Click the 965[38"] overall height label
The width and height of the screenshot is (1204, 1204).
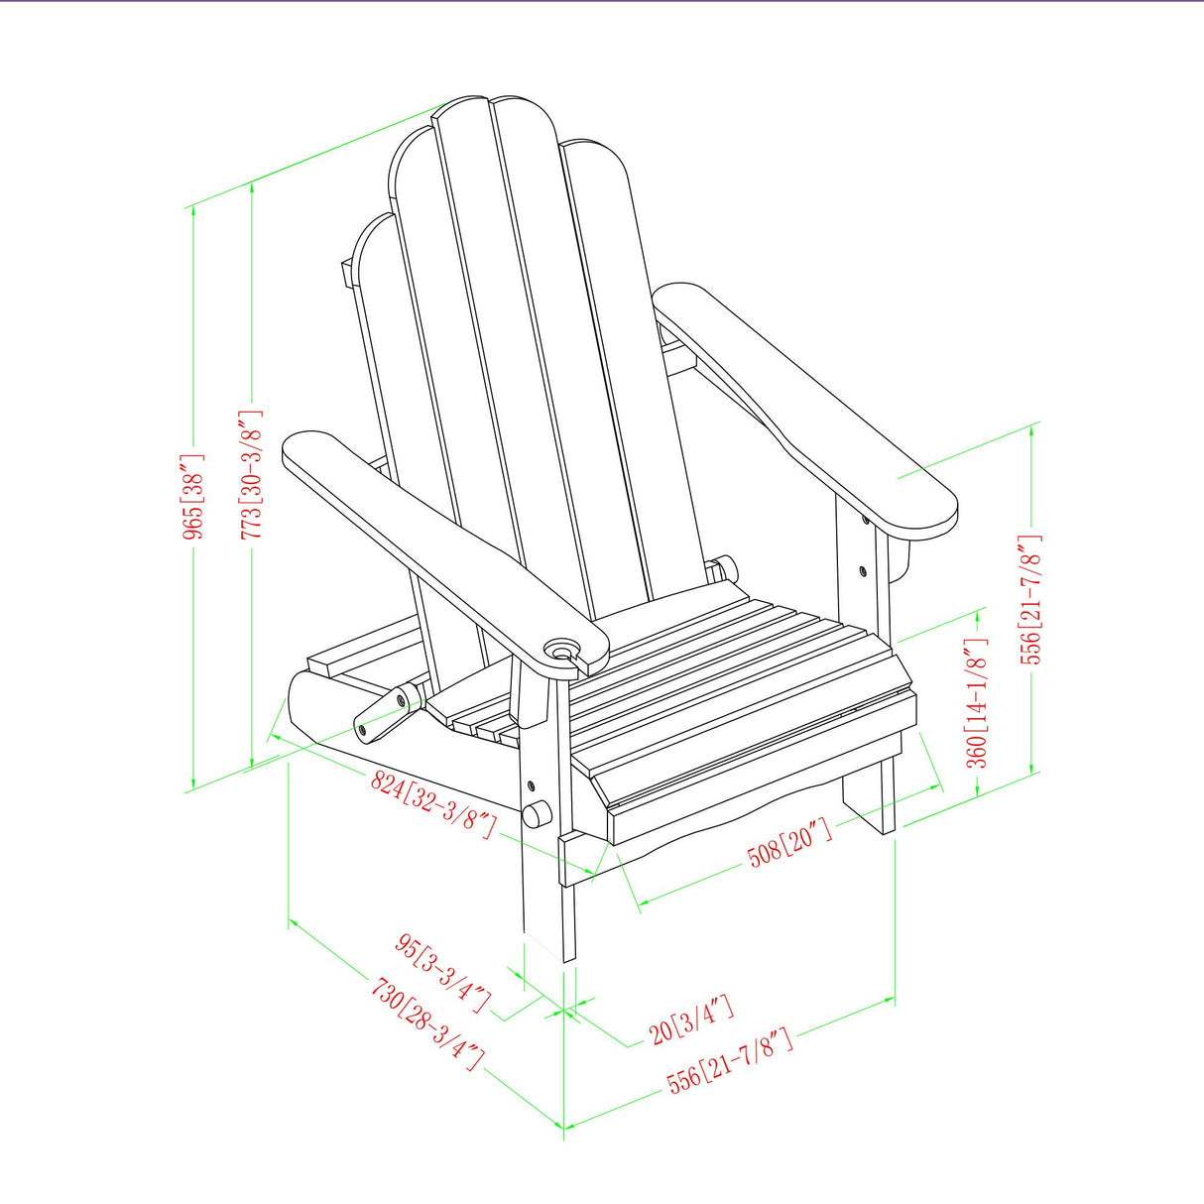tap(194, 497)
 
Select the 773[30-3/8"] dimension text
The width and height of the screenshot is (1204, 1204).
tap(253, 476)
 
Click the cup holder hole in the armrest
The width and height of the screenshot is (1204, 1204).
tap(562, 651)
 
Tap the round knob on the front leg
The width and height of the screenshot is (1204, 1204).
tap(537, 814)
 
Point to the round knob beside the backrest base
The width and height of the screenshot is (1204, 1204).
tap(726, 568)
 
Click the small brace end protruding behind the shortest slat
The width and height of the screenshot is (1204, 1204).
tap(346, 273)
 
